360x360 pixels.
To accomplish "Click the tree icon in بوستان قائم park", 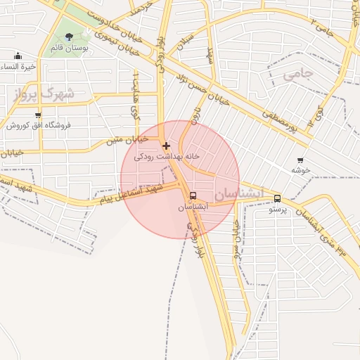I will (x=69, y=37).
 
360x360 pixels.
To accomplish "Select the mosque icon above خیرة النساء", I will (x=18, y=56).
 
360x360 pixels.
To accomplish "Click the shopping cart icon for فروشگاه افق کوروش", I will (x=37, y=115).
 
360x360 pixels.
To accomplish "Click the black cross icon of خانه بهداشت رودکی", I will (x=166, y=146).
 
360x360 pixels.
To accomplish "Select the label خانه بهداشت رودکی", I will (x=167, y=156).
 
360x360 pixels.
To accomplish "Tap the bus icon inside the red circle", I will (x=193, y=196).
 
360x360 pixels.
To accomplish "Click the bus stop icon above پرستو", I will (x=277, y=198).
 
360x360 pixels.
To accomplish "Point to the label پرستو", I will (x=278, y=210).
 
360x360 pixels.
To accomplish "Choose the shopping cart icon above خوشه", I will (x=301, y=160).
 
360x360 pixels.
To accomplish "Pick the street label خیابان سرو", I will (x=237, y=238).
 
